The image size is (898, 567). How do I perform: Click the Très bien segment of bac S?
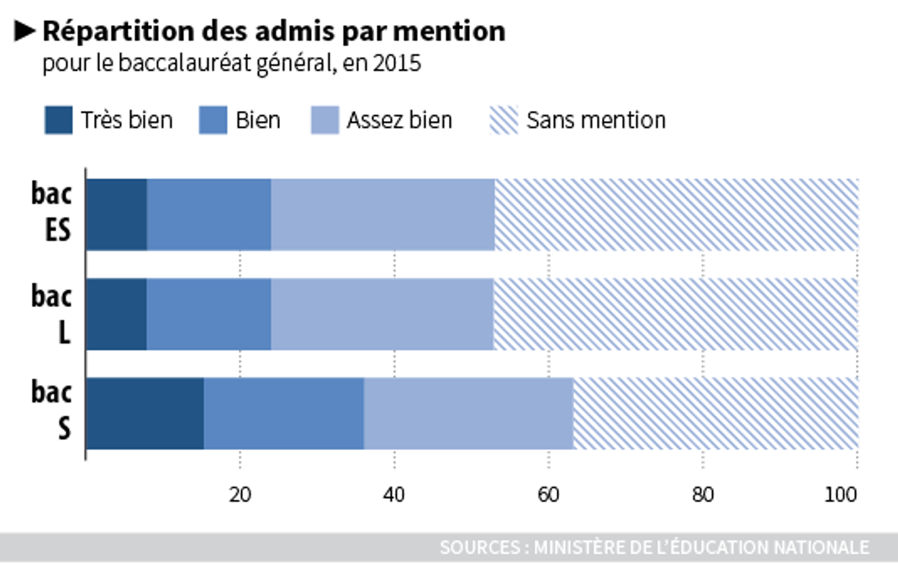(x=145, y=413)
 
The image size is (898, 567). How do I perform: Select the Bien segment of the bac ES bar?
(x=209, y=214)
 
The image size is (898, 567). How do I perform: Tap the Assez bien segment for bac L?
(x=382, y=314)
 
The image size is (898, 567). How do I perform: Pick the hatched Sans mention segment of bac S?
(x=715, y=413)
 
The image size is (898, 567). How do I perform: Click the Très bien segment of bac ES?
(x=116, y=214)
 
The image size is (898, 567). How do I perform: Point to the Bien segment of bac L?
(x=209, y=314)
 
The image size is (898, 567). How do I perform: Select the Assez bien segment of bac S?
(x=468, y=413)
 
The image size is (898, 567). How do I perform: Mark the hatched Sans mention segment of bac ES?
(x=676, y=214)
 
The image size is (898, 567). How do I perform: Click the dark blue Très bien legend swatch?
(x=58, y=120)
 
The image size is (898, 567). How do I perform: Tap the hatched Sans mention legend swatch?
(x=503, y=120)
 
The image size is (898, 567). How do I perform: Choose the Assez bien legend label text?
(x=399, y=120)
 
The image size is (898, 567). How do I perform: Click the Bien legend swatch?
(x=213, y=120)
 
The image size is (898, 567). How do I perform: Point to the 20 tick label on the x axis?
(x=239, y=495)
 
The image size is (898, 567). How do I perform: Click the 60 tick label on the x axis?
(x=548, y=495)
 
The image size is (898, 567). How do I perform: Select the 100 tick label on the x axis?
(x=842, y=495)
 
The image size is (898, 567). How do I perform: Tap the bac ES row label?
(x=51, y=212)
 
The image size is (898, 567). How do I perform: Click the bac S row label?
(x=51, y=411)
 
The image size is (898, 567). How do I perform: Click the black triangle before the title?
(x=25, y=30)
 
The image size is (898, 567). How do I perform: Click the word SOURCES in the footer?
(x=481, y=547)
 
